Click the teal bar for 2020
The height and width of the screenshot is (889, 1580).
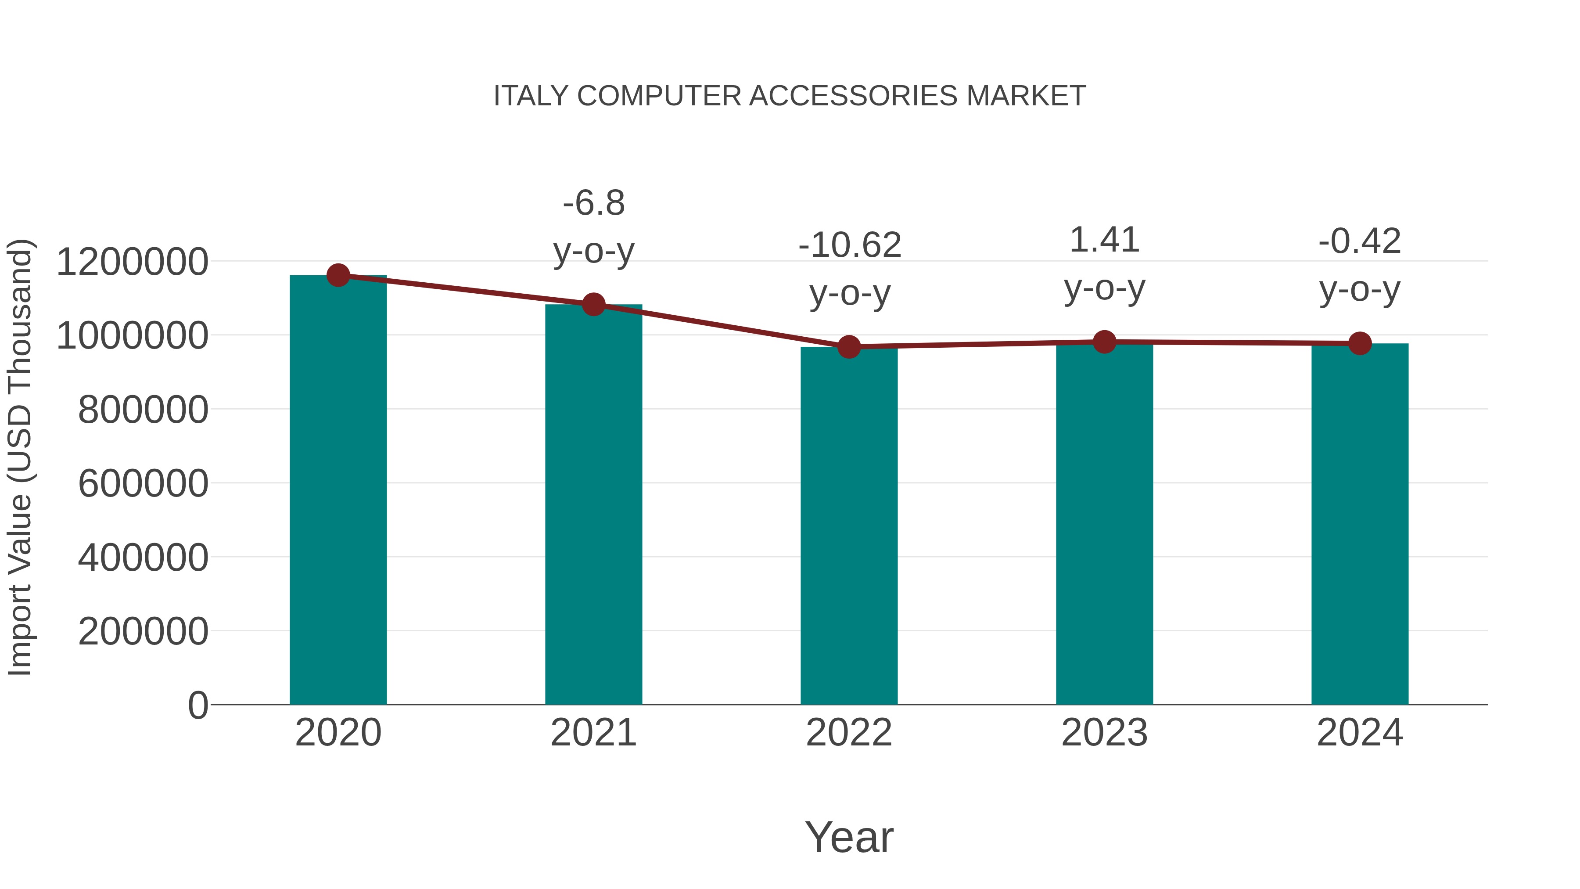pyautogui.click(x=338, y=491)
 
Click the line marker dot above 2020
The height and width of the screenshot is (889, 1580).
pyautogui.click(x=338, y=275)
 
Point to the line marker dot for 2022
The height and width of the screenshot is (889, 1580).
pyautogui.click(x=849, y=347)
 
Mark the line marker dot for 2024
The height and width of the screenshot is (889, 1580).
pyautogui.click(x=1360, y=344)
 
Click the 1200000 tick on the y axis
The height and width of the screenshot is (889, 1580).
pyautogui.click(x=132, y=262)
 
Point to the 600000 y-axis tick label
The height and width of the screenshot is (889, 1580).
pyautogui.click(x=143, y=483)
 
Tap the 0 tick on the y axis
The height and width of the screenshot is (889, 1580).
pyautogui.click(x=197, y=705)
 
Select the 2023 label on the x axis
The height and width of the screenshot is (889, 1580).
pyautogui.click(x=1105, y=733)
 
